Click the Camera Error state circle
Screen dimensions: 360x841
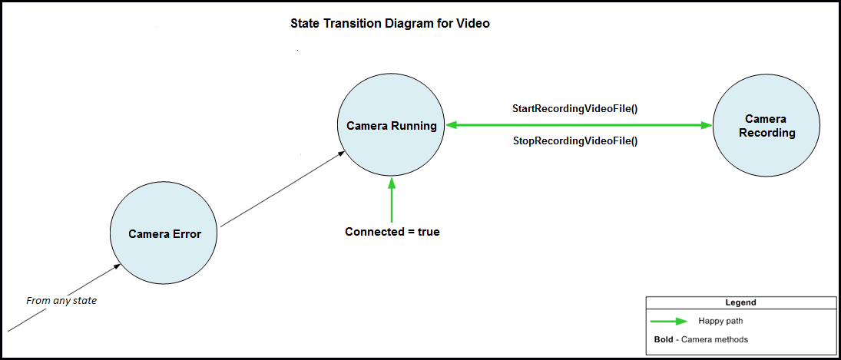(164, 234)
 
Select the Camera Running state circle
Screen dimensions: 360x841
(392, 126)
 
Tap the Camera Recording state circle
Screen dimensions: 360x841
(767, 126)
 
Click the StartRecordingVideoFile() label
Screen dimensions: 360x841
(575, 109)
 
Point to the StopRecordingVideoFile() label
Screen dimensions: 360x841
(575, 141)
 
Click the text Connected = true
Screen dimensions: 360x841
(392, 231)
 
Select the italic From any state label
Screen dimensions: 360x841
(61, 300)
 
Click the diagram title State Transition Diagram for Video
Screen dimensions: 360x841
(389, 24)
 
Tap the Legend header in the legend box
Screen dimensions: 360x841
(740, 302)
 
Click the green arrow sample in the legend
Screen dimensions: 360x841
(667, 321)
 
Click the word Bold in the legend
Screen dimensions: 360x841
(653, 339)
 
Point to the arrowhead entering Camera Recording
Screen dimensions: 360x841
(707, 125)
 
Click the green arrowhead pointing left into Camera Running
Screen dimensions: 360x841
(452, 125)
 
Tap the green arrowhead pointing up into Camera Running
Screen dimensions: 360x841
(392, 183)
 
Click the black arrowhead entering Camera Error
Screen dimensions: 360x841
(117, 266)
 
